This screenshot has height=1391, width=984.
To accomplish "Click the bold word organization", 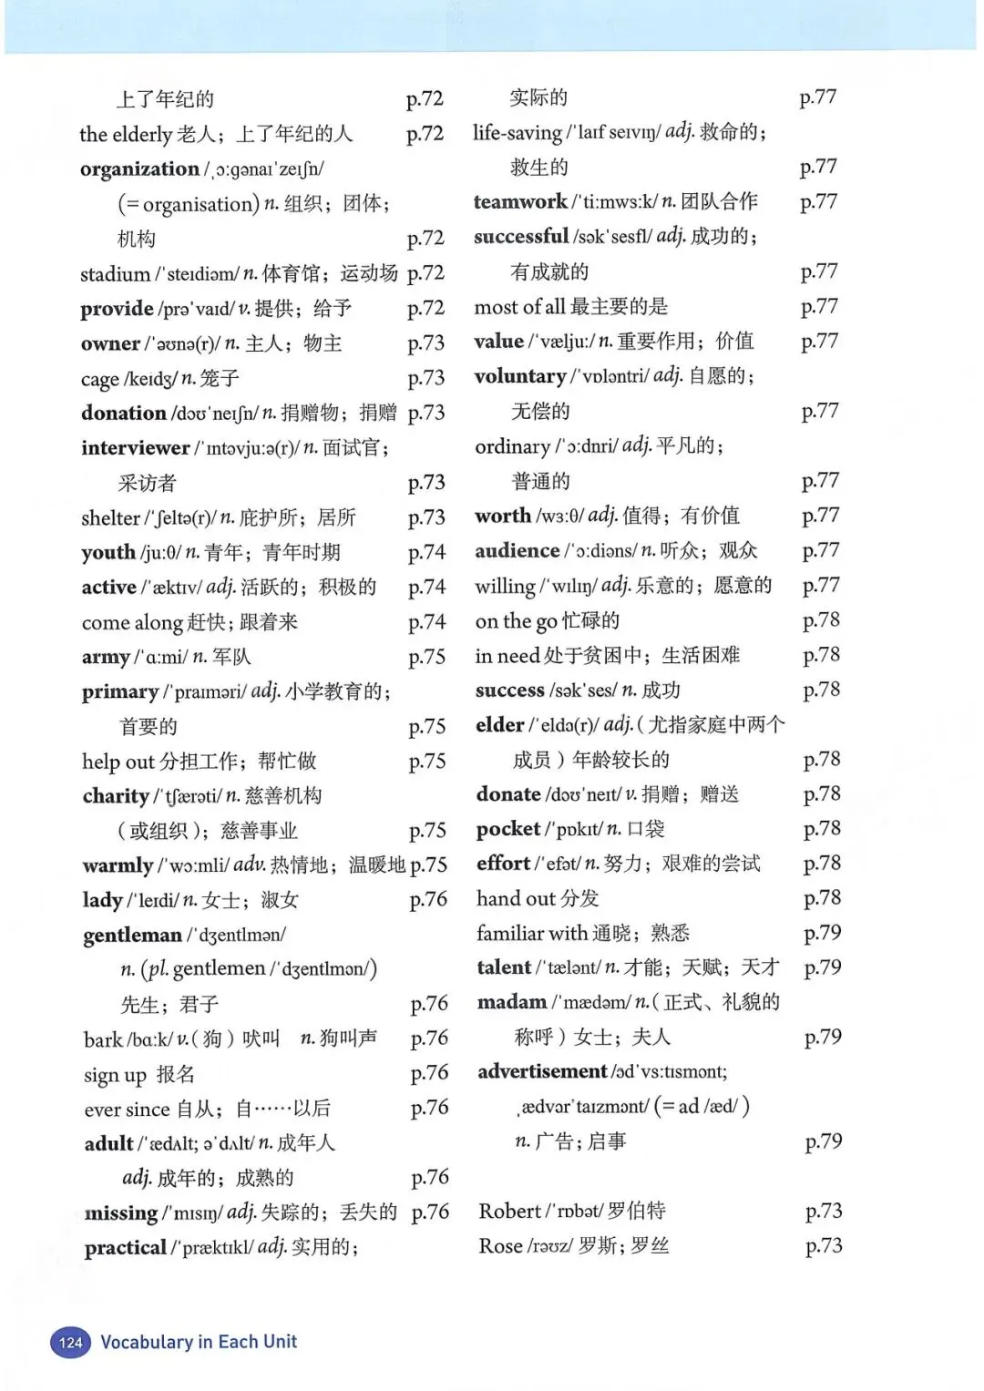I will (139, 169).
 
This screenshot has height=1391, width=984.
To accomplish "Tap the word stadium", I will (115, 274).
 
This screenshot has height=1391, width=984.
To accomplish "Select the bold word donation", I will (123, 414).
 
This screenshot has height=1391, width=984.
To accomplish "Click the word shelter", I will (110, 518).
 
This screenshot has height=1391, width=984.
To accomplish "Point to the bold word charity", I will (116, 796).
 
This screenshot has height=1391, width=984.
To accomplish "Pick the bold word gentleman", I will (132, 936).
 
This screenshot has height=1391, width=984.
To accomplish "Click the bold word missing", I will (121, 1213).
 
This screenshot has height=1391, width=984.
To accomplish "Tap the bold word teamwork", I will (520, 202).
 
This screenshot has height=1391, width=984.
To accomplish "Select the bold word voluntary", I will (520, 376).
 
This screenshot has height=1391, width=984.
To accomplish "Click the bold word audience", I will (518, 551).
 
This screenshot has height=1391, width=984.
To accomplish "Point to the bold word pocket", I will (508, 829).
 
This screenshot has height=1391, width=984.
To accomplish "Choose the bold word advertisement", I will (542, 1071).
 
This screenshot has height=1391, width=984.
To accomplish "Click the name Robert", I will (510, 1212).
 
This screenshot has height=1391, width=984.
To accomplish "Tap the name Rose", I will (500, 1246).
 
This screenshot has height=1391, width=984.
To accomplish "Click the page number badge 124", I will (70, 1342).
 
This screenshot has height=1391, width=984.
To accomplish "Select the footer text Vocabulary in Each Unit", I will (199, 1342).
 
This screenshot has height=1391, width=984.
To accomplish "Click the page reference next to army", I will (426, 658).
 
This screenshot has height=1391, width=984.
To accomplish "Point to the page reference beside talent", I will (822, 967).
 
